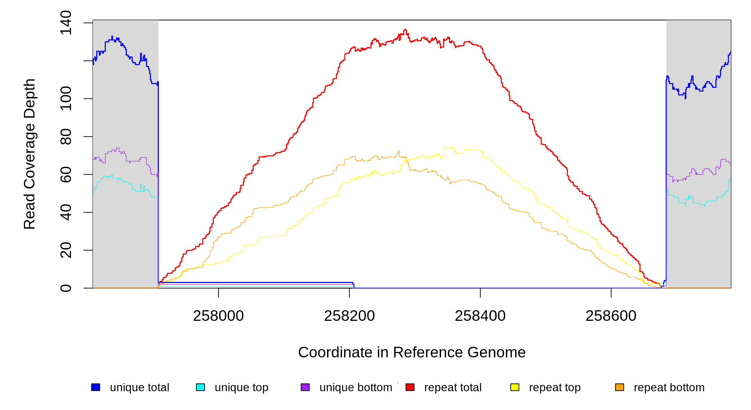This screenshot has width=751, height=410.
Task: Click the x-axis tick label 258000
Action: click(x=218, y=316)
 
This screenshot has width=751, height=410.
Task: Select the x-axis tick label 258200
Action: click(x=349, y=316)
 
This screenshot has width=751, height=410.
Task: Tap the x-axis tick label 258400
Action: click(x=480, y=316)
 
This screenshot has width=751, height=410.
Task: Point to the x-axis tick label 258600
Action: click(x=611, y=316)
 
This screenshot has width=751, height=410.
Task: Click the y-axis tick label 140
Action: click(x=66, y=23)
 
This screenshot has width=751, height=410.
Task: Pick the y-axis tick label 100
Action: click(x=66, y=99)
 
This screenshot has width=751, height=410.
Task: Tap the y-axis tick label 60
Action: click(x=66, y=175)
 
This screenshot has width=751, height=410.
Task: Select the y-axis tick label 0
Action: click(x=66, y=288)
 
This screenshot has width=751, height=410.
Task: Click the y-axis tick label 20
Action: click(x=66, y=250)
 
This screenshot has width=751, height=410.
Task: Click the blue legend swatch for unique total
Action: click(x=96, y=387)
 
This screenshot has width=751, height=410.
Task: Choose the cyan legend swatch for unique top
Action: click(x=200, y=387)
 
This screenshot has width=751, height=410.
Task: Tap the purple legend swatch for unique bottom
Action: click(x=305, y=387)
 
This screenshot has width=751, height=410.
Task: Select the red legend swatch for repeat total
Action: click(x=410, y=387)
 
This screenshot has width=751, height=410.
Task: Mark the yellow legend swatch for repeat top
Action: click(x=515, y=387)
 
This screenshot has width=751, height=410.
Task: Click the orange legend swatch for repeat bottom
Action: click(x=620, y=387)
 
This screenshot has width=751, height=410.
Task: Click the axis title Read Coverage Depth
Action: click(x=30, y=154)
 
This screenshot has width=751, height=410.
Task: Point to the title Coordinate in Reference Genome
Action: click(x=412, y=352)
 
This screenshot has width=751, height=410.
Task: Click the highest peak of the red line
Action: click(x=405, y=30)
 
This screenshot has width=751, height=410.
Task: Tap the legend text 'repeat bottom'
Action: click(x=669, y=387)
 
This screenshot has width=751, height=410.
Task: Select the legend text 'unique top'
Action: click(x=241, y=387)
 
